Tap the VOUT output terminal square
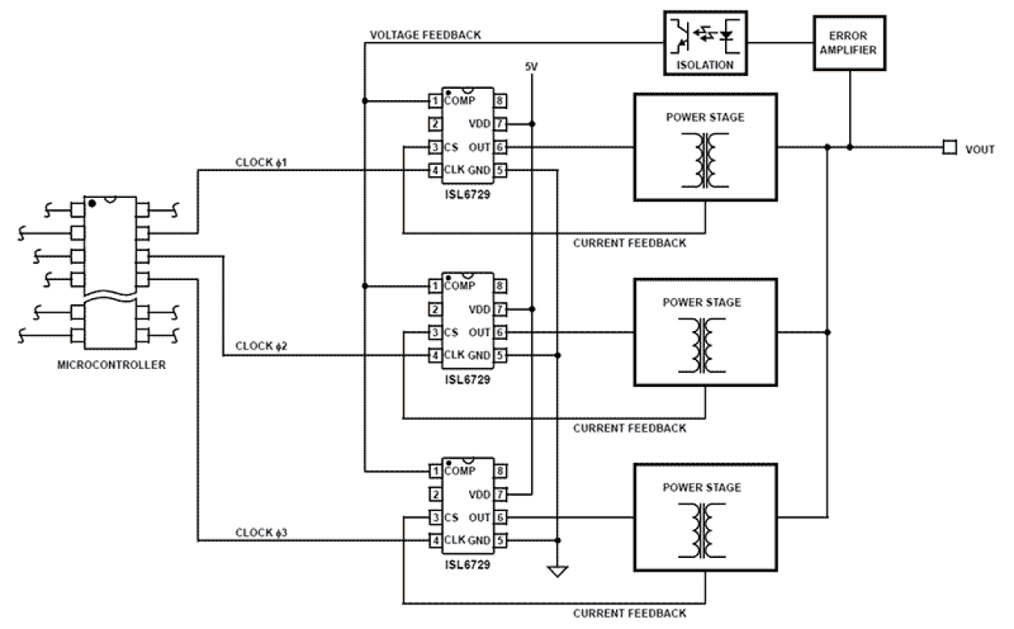pos(950,148)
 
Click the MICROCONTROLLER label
pos(112,365)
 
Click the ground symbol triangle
pos(557,572)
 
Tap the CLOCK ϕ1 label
pos(262,162)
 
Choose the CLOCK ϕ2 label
pos(262,346)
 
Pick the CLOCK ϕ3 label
pos(262,532)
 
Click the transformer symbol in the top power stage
pos(705,157)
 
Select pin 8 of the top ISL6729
pos(501,101)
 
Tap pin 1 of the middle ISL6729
pos(435,286)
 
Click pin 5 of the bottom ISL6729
pos(501,540)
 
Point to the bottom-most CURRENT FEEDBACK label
pos(630,613)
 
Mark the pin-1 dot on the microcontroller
pos(93,203)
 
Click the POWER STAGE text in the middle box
pos(702,303)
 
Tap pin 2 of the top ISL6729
pos(435,124)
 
